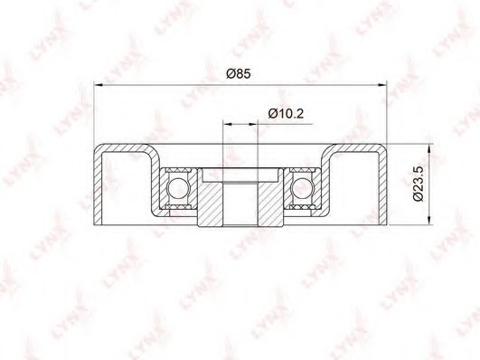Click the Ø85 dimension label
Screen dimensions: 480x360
tap(239, 73)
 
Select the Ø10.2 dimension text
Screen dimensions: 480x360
tap(286, 114)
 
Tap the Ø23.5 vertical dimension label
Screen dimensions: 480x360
tap(418, 184)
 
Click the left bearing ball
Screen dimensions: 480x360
tap(178, 188)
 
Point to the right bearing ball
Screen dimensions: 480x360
tap(302, 188)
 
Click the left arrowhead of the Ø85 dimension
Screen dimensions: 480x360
tap(98, 84)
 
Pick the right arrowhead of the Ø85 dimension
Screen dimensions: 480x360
tap(382, 84)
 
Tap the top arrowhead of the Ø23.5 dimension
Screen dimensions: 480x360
tap(429, 148)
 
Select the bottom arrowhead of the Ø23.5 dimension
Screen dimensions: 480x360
tap(429, 221)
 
